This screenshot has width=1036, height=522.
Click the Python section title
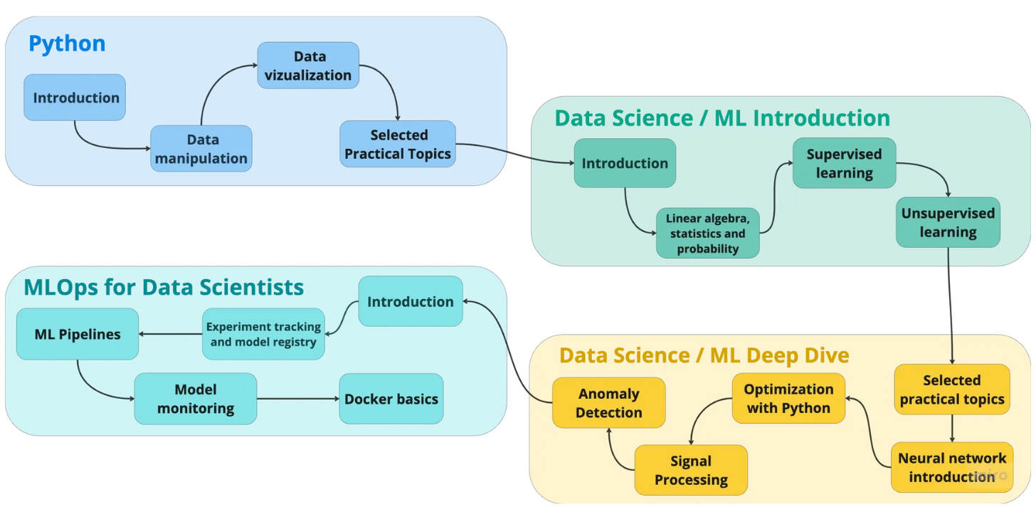click(x=67, y=44)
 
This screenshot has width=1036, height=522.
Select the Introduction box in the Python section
click(x=75, y=98)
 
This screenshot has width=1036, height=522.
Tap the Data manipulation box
click(x=201, y=149)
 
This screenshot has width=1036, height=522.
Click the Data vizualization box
click(x=308, y=66)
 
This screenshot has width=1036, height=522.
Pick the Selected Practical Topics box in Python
click(x=398, y=144)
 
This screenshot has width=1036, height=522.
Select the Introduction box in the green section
click(x=625, y=163)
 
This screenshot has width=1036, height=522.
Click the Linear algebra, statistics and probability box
click(x=707, y=234)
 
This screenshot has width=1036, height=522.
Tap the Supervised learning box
click(x=844, y=163)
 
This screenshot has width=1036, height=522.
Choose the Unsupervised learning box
click(x=948, y=222)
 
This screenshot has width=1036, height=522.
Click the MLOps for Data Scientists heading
click(x=164, y=288)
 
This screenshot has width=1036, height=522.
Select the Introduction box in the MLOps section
click(x=410, y=301)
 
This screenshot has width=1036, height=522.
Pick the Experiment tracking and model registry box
click(x=263, y=334)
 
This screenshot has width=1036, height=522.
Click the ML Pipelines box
click(x=78, y=334)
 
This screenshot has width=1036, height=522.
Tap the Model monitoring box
click(x=196, y=399)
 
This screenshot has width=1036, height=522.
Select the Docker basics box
click(x=391, y=399)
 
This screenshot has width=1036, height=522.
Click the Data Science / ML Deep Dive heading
click(x=704, y=355)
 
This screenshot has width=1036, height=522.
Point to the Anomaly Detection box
click(x=609, y=403)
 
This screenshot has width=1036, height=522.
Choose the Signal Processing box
click(x=691, y=470)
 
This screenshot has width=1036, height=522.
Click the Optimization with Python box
click(x=788, y=399)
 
